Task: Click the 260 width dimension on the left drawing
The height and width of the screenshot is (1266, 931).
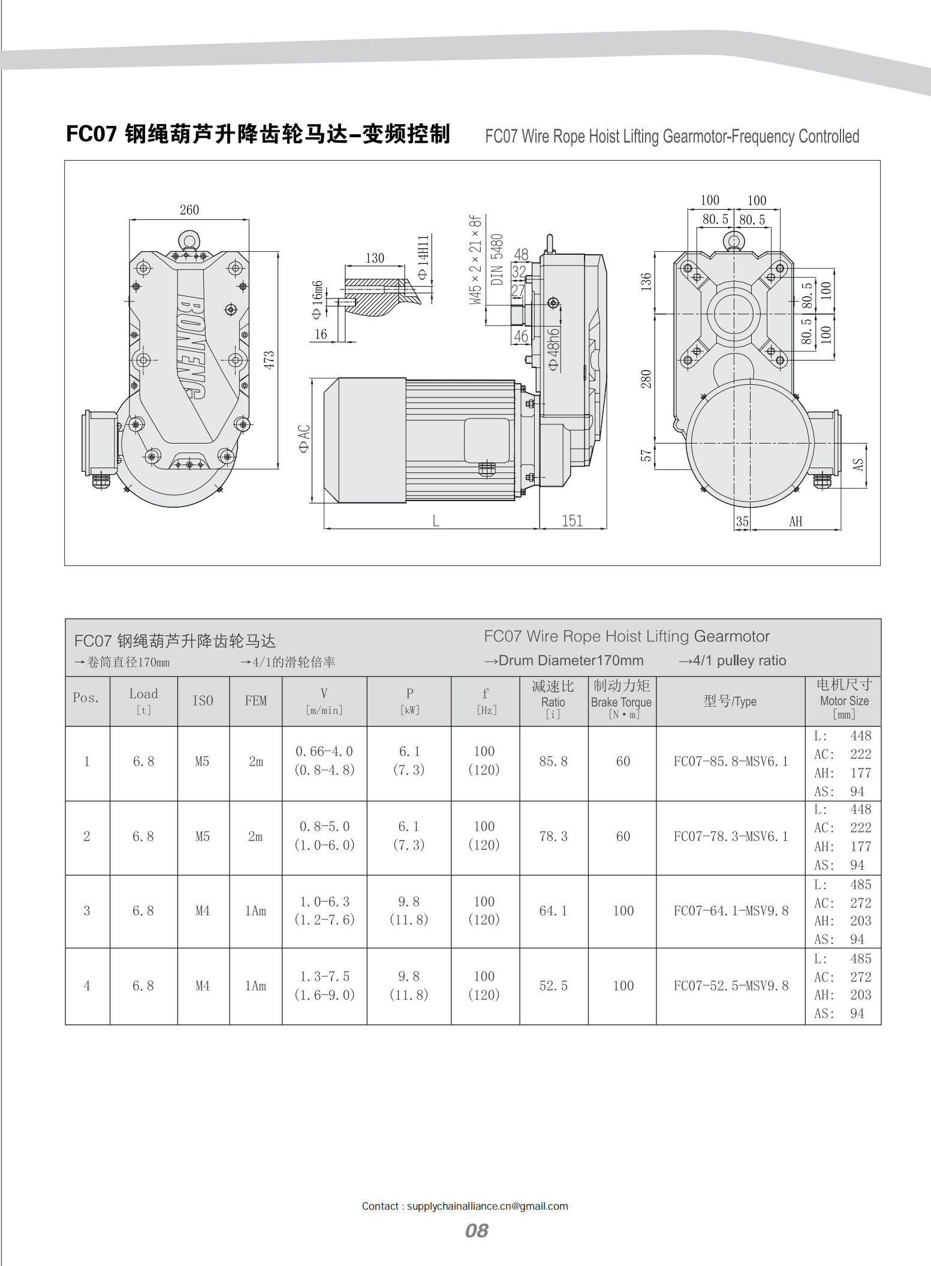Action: tap(189, 210)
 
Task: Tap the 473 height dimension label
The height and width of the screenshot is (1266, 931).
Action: tap(269, 360)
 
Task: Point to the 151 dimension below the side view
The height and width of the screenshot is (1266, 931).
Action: tap(572, 521)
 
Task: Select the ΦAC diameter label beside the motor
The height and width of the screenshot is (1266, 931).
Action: tap(305, 439)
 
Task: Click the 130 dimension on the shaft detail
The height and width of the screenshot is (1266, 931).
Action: tap(375, 258)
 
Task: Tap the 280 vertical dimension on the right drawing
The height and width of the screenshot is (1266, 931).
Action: tap(646, 379)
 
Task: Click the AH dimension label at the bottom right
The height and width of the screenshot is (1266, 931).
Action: tap(796, 522)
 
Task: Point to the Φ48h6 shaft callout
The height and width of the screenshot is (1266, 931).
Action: tap(554, 349)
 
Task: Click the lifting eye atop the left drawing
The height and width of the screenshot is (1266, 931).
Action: tap(189, 241)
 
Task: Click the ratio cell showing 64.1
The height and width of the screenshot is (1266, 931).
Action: tap(553, 911)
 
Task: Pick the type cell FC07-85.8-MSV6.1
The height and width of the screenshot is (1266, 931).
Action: tap(730, 761)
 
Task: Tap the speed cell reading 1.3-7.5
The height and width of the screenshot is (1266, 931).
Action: tap(324, 976)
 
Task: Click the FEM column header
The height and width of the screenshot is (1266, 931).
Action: tap(256, 701)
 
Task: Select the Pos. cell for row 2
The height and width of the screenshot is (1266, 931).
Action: tap(87, 836)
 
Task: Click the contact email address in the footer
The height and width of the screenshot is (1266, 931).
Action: tap(487, 1206)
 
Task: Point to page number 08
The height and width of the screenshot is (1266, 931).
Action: tap(477, 1231)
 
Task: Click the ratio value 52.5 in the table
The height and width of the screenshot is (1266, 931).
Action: tap(553, 985)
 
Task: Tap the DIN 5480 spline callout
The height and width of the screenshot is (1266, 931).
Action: tap(497, 259)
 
